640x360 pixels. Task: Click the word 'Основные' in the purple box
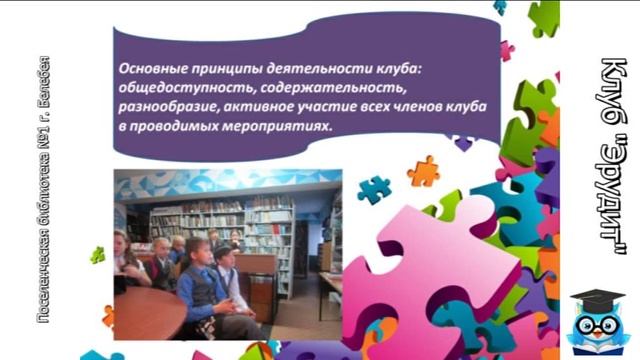pyautogui.click(x=148, y=69)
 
